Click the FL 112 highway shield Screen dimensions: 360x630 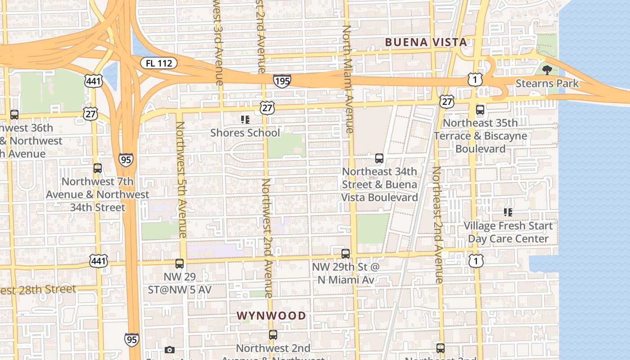click(159, 63)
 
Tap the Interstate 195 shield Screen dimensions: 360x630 click(282, 81)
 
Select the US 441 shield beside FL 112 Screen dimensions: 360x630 click(93, 81)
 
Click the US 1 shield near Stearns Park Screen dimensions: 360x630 click(475, 80)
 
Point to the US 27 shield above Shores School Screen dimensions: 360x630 click(267, 108)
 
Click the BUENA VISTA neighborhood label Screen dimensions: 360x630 click(426, 42)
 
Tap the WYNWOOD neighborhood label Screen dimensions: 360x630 click(271, 315)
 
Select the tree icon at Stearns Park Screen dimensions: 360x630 click(547, 70)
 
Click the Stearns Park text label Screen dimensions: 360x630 click(547, 84)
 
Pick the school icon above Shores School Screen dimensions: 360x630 click(245, 120)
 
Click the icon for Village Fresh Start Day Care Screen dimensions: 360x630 click(508, 212)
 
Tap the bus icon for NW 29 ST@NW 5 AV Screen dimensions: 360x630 click(180, 264)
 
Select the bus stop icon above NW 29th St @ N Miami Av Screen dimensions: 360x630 click(346, 253)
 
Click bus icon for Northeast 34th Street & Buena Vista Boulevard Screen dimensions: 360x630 click(379, 158)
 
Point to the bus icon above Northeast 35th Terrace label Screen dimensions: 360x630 click(480, 109)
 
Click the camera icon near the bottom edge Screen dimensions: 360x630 click(170, 350)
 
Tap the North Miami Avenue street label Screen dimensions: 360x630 click(347, 79)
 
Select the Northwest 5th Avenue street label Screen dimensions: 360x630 click(181, 179)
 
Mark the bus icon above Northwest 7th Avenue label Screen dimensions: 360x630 click(98, 168)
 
